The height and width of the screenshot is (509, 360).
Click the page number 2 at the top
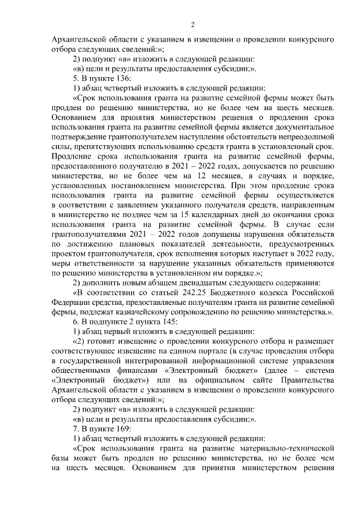(192, 25)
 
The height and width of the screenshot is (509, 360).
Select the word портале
(192, 351)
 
